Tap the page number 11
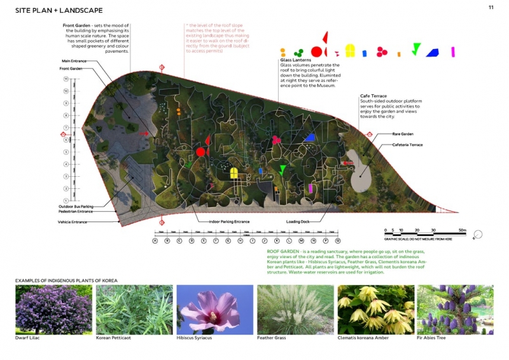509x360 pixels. pyautogui.click(x=491, y=7)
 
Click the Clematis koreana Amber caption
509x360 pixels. pyautogui.click(x=363, y=338)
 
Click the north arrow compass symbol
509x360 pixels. pyautogui.click(x=478, y=235)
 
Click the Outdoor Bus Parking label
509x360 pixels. pyautogui.click(x=78, y=206)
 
